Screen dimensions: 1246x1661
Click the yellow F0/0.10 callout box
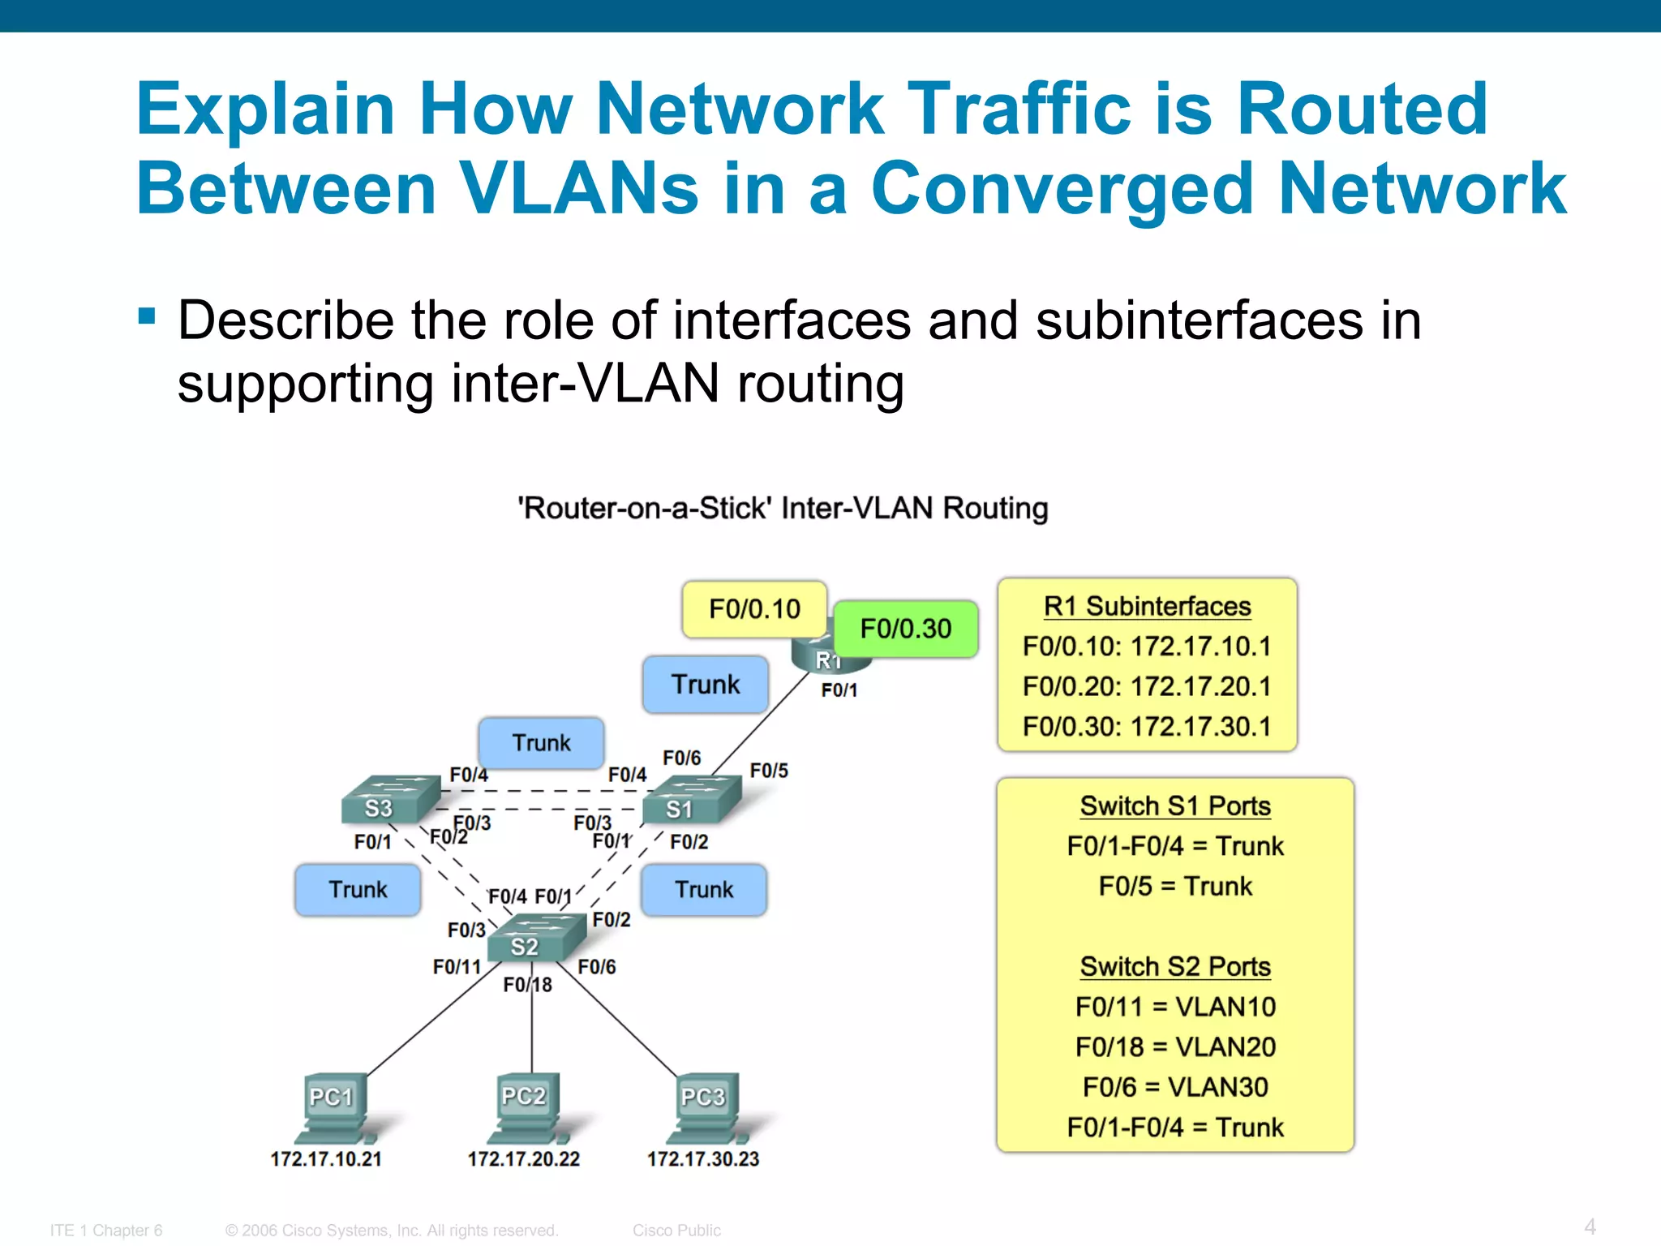754,608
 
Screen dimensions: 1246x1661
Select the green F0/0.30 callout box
905,629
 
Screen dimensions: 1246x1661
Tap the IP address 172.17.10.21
326,1159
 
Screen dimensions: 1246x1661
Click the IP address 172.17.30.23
702,1159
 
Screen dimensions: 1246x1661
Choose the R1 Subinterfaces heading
1147,606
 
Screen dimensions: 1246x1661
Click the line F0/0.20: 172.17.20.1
1147,686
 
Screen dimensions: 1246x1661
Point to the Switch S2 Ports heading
1175,967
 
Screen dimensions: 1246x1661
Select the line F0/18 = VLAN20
1175,1047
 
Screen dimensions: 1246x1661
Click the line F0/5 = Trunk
1175,886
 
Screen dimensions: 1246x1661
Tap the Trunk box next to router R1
705,685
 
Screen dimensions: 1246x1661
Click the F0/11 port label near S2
457,967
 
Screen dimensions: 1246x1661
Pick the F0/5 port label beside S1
769,771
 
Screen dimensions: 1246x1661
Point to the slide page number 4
1590,1227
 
